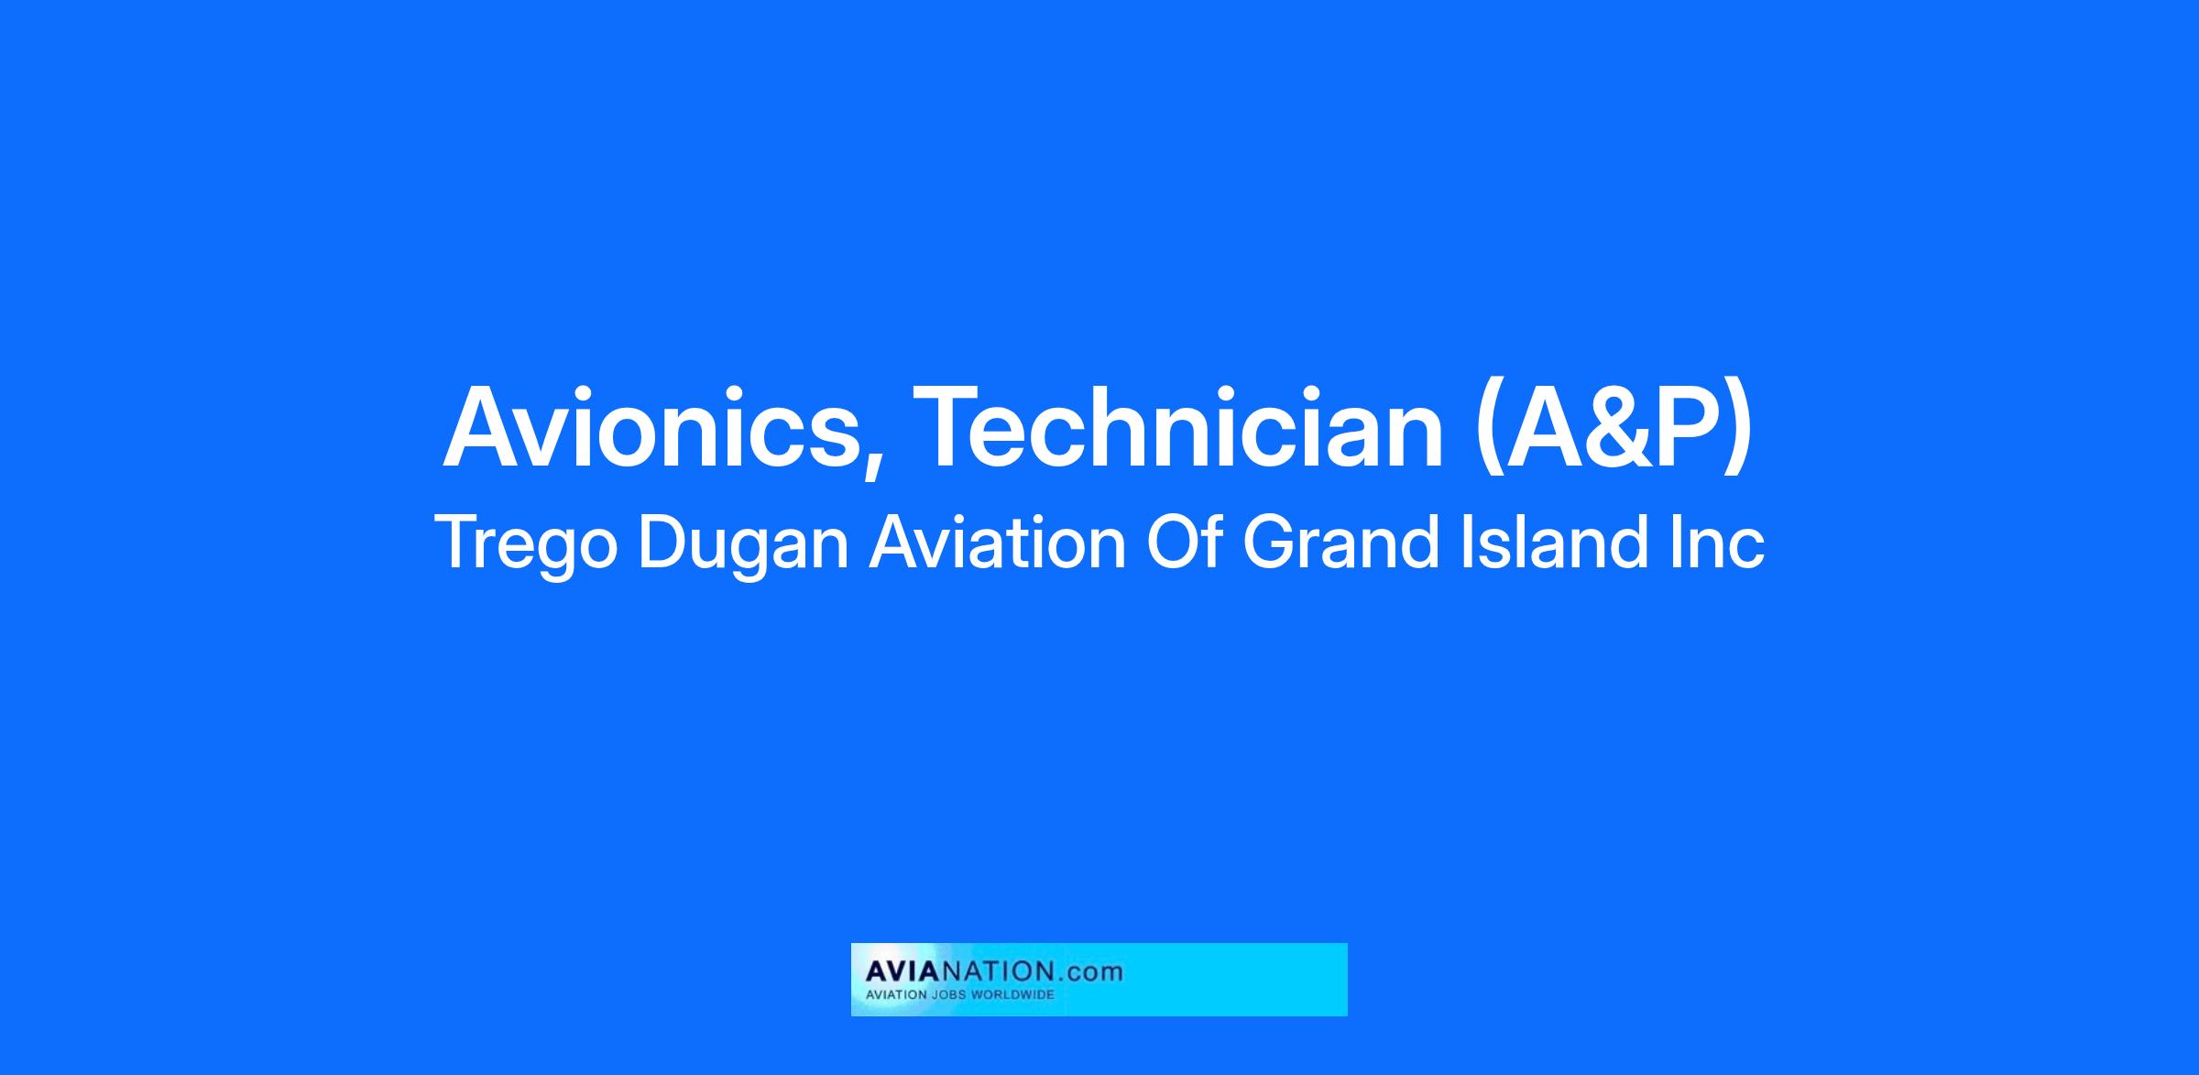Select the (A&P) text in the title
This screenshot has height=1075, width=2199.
point(1614,429)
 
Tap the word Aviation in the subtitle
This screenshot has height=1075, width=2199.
point(998,543)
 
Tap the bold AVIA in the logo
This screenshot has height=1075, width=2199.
point(900,971)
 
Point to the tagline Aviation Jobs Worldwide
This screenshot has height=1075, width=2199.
point(960,995)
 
